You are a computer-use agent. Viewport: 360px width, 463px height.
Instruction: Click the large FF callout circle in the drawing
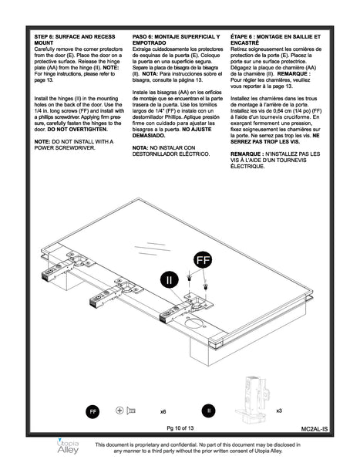[x=203, y=260]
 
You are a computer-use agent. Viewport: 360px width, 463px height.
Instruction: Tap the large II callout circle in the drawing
[x=170, y=279]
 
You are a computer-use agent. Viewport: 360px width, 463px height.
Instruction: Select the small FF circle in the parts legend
[x=93, y=411]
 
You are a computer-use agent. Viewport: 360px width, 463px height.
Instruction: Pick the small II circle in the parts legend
[x=209, y=411]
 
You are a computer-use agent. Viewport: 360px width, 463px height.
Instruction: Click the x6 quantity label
[x=163, y=411]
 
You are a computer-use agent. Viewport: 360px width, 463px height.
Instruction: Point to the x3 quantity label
[x=279, y=411]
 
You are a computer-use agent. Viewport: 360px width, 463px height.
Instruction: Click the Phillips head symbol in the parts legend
[x=119, y=411]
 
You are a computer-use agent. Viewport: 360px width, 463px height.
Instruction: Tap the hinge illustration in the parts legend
[x=253, y=400]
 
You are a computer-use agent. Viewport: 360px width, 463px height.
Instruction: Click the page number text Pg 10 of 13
[x=180, y=428]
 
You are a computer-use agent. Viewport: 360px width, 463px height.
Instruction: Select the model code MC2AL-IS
[x=315, y=429]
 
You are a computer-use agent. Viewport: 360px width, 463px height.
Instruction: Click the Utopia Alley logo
[x=68, y=446]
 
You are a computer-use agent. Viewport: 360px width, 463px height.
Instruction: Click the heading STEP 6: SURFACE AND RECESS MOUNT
[x=75, y=39]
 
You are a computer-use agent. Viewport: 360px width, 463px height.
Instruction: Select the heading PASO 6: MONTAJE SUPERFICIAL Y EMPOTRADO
[x=177, y=39]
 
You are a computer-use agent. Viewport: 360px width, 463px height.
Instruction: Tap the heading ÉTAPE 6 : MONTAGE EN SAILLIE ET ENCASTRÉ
[x=276, y=39]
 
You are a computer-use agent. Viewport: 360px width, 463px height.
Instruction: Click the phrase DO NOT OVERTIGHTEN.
[x=77, y=130]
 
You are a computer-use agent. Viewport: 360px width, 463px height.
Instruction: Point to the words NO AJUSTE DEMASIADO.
[x=172, y=132]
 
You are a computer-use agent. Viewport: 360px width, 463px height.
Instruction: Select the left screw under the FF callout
[x=189, y=278]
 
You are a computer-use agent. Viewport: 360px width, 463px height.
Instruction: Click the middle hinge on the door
[x=116, y=292]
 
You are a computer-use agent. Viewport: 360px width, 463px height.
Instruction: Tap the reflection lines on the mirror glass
[x=153, y=248]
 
